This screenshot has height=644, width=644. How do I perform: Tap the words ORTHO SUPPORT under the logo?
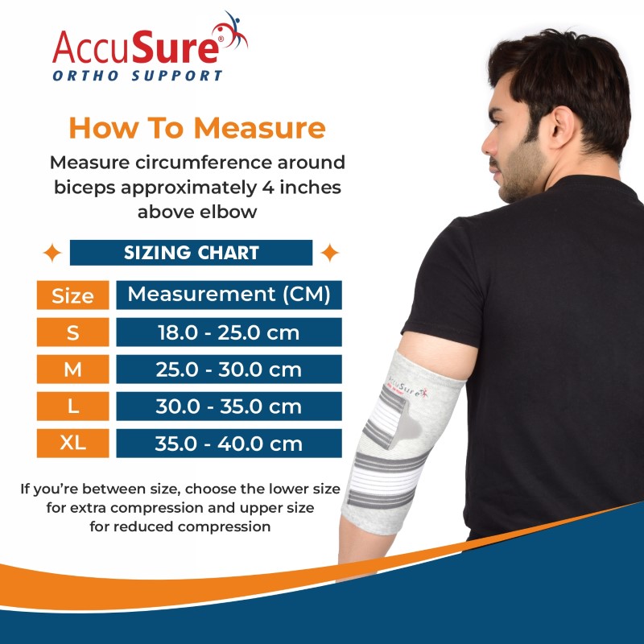(x=138, y=76)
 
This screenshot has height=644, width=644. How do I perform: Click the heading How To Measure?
(x=197, y=128)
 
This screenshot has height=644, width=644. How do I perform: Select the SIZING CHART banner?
(x=191, y=253)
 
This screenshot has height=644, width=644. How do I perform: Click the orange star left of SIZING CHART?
(x=52, y=253)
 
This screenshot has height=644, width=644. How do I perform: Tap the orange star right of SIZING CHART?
(x=330, y=253)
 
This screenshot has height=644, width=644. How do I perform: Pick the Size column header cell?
(x=72, y=295)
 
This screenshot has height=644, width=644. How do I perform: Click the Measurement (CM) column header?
(x=229, y=295)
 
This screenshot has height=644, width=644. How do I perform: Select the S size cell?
(x=72, y=332)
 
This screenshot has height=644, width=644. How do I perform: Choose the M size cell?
(x=72, y=369)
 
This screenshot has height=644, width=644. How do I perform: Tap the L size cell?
(x=72, y=407)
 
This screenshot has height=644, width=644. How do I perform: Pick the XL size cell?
(x=72, y=444)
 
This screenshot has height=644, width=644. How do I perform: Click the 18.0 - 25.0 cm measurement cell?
(x=229, y=332)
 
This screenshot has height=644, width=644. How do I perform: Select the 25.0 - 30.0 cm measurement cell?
(x=229, y=369)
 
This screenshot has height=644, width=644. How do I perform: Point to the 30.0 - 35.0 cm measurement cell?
(x=229, y=407)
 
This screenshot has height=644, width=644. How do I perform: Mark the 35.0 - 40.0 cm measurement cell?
(x=229, y=444)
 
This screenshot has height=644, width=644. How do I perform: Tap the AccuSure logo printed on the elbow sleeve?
(x=407, y=387)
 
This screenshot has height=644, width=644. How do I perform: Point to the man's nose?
(x=488, y=145)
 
